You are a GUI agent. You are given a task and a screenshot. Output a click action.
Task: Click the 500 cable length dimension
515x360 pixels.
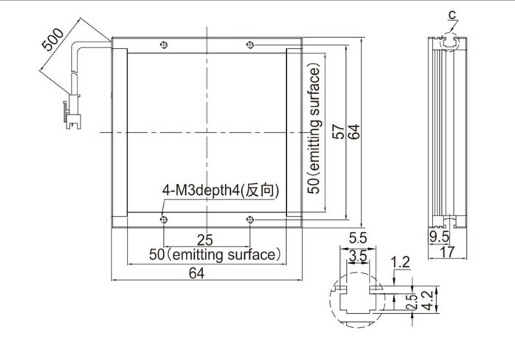[x=53, y=39]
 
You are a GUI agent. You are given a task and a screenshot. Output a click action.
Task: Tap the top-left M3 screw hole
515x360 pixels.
[x=164, y=45]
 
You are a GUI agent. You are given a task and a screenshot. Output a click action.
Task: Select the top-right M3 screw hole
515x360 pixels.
[x=250, y=45]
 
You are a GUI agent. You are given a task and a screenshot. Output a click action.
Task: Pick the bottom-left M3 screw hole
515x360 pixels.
[x=164, y=219]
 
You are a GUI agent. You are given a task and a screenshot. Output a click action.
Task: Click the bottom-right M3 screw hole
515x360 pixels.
[x=250, y=219]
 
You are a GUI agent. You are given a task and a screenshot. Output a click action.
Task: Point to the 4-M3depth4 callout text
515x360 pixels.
[x=220, y=190]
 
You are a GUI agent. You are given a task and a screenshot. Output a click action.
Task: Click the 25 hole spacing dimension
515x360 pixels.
[x=205, y=240]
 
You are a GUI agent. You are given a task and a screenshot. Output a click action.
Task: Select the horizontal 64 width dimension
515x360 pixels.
[x=196, y=273]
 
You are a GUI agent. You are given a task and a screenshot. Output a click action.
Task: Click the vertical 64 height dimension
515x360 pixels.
[x=354, y=132]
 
